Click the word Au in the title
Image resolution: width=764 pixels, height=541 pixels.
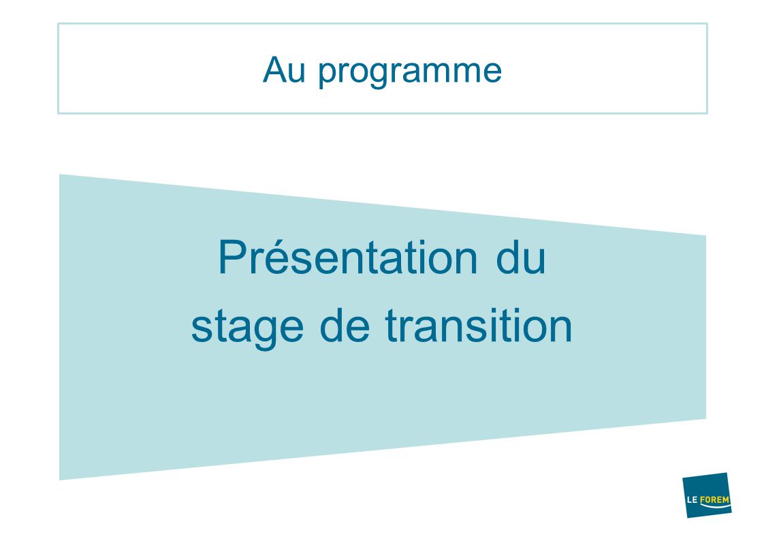tap(284, 70)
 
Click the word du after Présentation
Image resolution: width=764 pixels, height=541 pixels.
tap(520, 257)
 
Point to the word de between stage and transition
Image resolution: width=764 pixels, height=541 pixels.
tap(345, 324)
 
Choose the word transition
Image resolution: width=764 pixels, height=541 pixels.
tap(479, 324)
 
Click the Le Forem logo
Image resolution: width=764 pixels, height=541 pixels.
tap(707, 495)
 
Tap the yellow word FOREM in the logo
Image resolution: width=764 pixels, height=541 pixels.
tap(715, 499)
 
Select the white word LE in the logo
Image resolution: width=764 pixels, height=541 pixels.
tap(693, 500)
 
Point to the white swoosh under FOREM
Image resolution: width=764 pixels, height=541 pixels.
tap(715, 506)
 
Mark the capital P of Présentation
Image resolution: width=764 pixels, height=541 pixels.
tap(234, 257)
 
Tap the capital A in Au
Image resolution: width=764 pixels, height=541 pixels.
tap(274, 70)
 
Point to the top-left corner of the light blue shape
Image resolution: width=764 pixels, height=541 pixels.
tap(59, 174)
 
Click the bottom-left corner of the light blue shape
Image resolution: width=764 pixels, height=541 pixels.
tap(59, 480)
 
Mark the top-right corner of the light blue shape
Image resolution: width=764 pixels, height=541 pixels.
tap(706, 235)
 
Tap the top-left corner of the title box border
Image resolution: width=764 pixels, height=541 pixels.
tap(58, 23)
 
